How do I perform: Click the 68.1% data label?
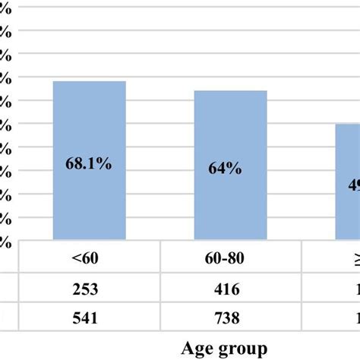point(89,164)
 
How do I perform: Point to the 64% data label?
point(226,169)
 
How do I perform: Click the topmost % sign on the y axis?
point(5,8)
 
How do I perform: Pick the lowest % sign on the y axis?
point(5,242)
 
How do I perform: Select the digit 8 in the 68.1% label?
point(80,164)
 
